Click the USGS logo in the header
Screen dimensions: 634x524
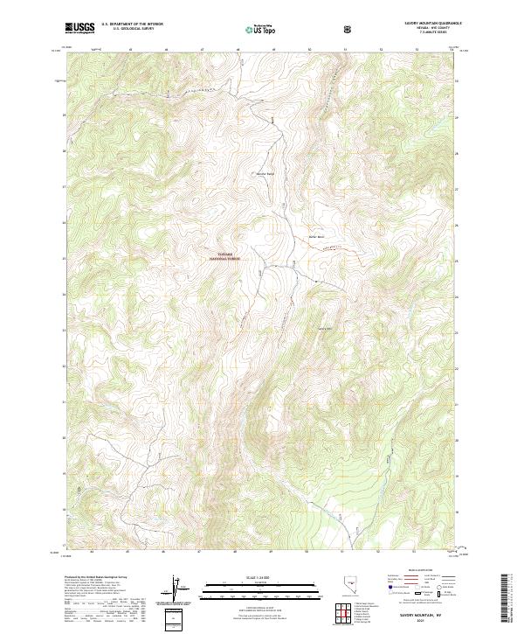tap(80, 27)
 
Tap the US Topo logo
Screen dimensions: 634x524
tap(259, 27)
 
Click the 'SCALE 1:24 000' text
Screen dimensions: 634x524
tap(249, 576)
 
